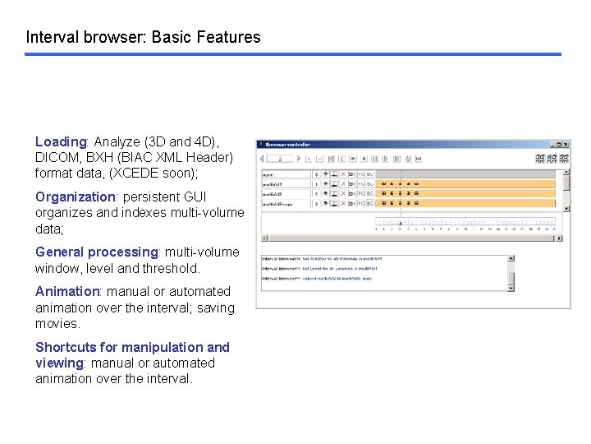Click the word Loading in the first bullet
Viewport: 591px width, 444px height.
[x=61, y=141]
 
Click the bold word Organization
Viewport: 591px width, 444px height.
[x=75, y=197]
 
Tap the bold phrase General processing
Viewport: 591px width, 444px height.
[x=96, y=252]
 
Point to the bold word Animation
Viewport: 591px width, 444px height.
[x=66, y=291]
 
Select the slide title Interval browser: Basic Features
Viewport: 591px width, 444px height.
[x=143, y=37]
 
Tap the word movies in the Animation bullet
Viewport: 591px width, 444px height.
[x=57, y=323]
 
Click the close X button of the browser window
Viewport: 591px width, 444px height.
[x=566, y=145]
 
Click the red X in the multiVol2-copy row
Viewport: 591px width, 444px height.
[x=343, y=203]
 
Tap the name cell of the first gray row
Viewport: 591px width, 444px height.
[x=285, y=174]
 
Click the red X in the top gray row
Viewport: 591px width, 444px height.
[x=343, y=174]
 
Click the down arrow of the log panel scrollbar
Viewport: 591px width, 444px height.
[x=511, y=288]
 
